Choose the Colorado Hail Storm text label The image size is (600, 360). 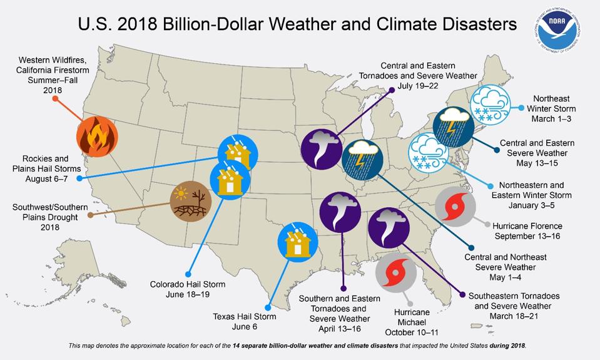188,284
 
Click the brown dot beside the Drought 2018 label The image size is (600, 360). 91,215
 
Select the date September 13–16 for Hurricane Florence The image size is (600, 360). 528,236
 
